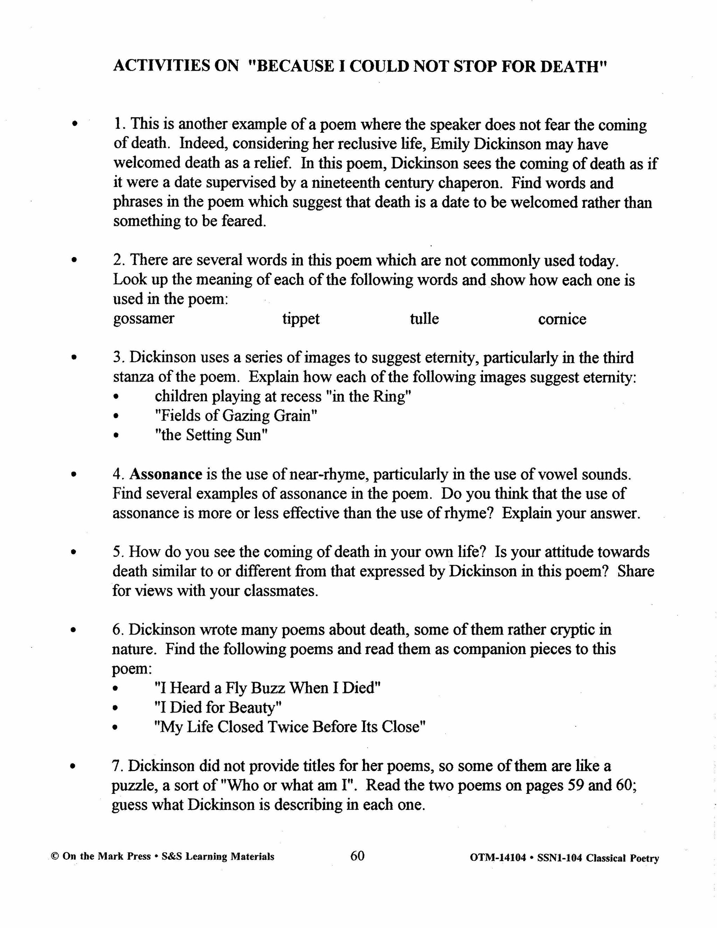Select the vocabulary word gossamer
144,319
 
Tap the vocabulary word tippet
301,319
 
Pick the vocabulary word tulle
424,319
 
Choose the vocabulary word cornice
562,319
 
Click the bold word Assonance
166,474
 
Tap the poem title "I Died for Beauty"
218,707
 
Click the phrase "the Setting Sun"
211,435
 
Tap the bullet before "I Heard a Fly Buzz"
115,688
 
